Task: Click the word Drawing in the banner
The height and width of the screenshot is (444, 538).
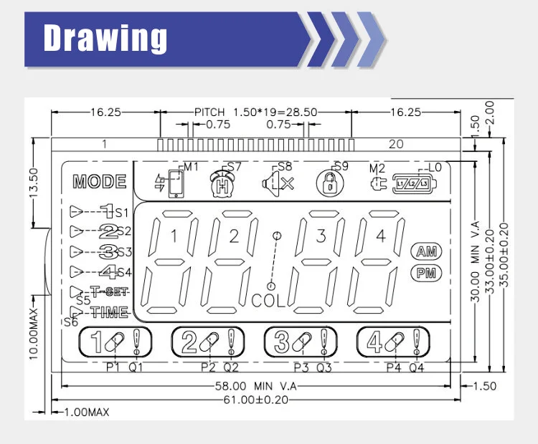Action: [x=105, y=38]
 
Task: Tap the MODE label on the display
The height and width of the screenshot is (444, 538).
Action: [x=100, y=182]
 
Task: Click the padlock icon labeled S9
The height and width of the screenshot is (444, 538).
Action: [x=330, y=184]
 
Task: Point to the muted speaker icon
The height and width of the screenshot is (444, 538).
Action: [x=278, y=183]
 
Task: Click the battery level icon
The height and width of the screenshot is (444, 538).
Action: [x=415, y=183]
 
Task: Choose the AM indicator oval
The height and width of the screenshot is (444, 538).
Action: [x=426, y=251]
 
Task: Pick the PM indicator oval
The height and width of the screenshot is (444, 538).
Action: [x=426, y=273]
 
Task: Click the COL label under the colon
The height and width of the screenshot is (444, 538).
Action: [x=268, y=301]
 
